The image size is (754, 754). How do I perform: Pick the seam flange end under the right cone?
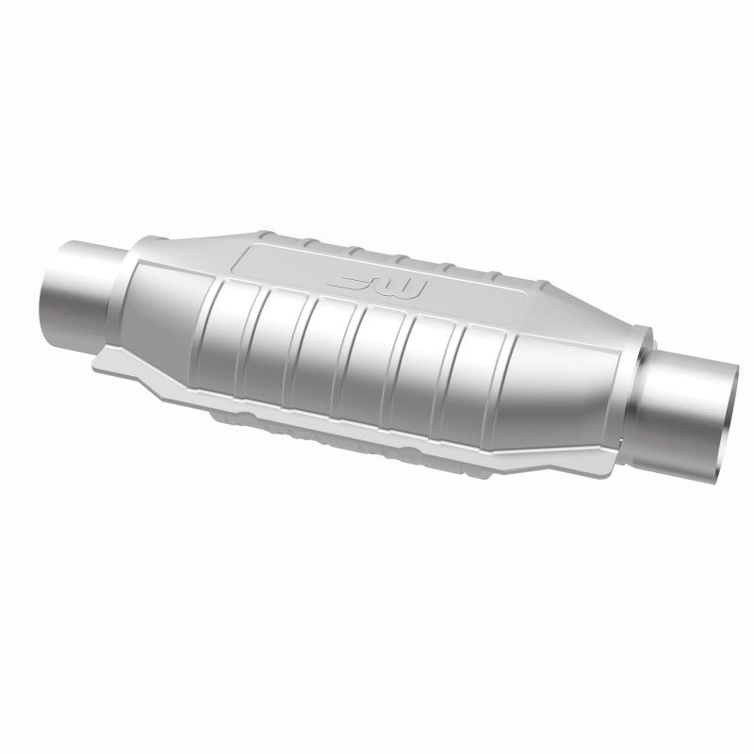[x=603, y=451]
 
